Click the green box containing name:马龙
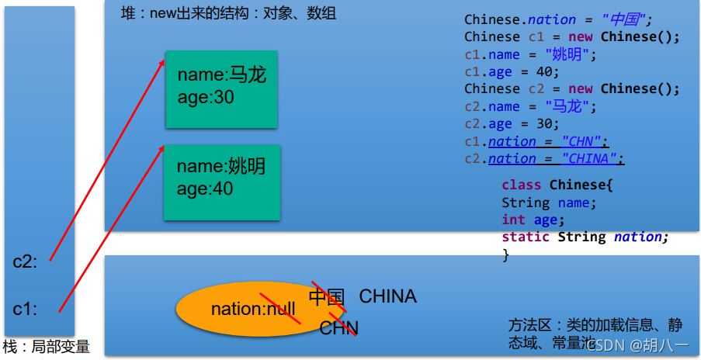[x=221, y=90]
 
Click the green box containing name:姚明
[x=221, y=181]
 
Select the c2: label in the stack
[x=25, y=261]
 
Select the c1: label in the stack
[x=25, y=309]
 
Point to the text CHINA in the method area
[x=387, y=296]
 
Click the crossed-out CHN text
[x=338, y=327]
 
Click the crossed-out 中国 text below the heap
[x=326, y=296]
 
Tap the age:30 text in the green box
[x=206, y=98]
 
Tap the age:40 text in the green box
[x=206, y=189]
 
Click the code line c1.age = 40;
[x=512, y=71]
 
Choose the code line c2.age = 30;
[x=512, y=124]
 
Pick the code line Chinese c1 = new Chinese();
[x=572, y=36]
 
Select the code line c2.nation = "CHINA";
[x=544, y=159]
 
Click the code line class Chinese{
[x=557, y=185]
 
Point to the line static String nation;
[x=585, y=237]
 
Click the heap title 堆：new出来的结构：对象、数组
[x=229, y=14]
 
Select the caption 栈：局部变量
[x=47, y=347]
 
